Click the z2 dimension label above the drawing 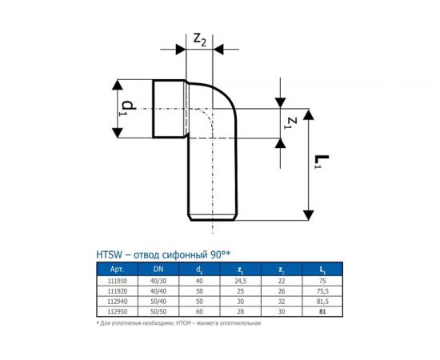click(x=200, y=38)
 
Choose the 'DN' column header click(x=158, y=270)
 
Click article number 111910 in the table click(x=115, y=282)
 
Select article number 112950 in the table click(x=115, y=311)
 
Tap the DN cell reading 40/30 click(x=158, y=282)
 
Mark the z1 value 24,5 click(x=240, y=282)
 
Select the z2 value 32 click(x=280, y=302)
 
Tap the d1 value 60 click(x=199, y=311)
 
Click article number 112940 click(x=115, y=302)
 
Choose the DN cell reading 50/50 click(x=158, y=311)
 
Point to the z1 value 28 click(x=240, y=311)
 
